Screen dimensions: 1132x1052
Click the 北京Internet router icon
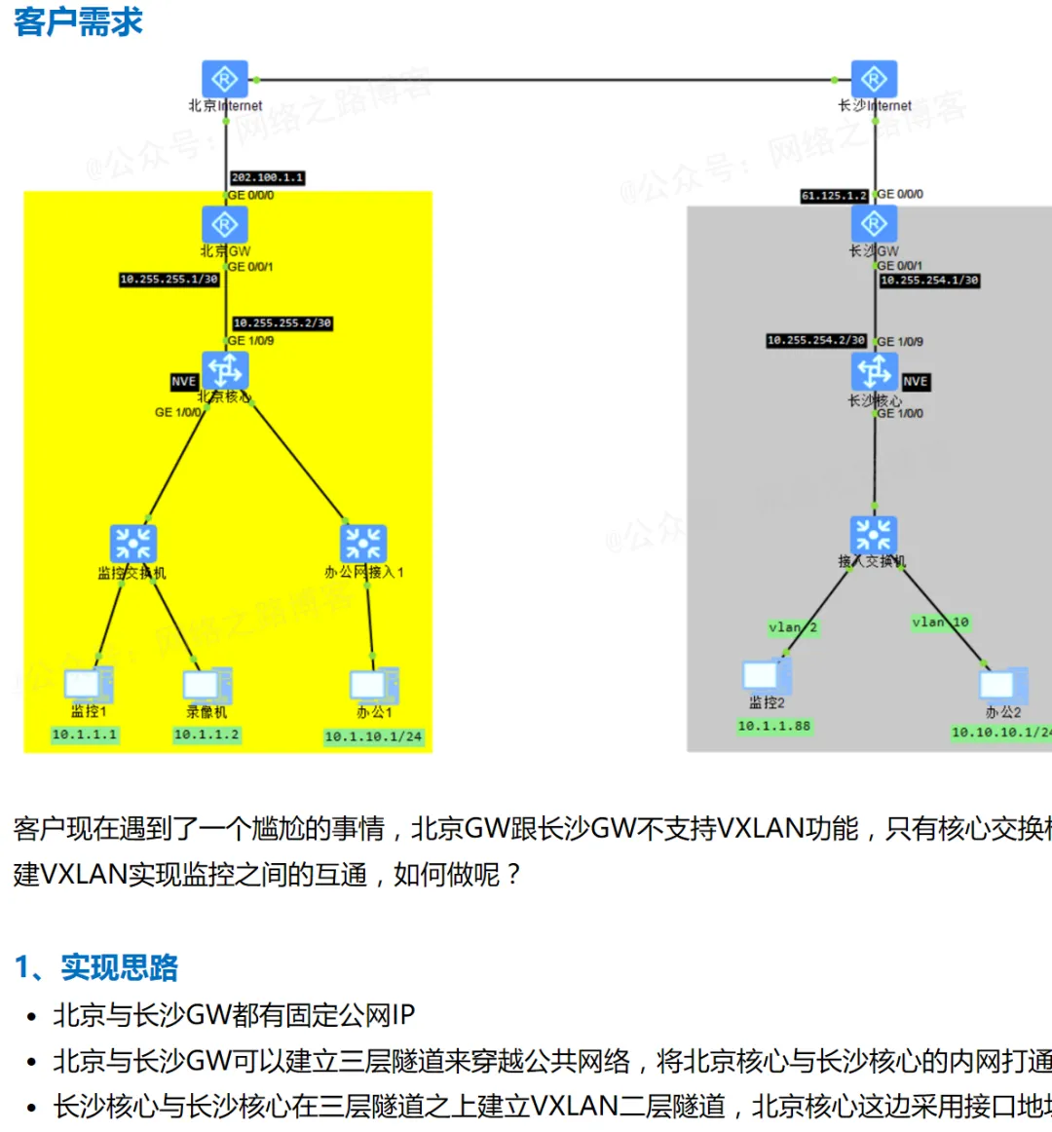225,79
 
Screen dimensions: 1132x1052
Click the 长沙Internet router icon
874,79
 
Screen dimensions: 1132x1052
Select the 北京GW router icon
225,224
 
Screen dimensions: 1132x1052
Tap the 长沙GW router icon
874,224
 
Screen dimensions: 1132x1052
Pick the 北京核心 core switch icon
225,371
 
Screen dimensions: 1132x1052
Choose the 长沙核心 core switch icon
874,372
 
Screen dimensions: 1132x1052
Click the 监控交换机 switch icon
133,544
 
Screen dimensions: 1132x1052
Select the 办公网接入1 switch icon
363,544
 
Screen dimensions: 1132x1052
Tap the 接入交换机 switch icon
873,535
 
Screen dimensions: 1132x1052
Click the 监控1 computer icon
88,685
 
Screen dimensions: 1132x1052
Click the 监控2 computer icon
766,676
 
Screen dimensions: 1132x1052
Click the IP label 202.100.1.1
267,177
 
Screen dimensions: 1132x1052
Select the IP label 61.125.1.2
834,196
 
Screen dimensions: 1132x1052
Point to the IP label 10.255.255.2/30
282,322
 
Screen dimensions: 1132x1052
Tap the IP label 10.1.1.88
773,726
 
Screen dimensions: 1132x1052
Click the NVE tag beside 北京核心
184,382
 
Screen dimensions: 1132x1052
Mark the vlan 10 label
940,623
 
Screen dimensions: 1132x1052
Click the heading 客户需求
78,21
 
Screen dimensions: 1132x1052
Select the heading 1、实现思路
96,967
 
